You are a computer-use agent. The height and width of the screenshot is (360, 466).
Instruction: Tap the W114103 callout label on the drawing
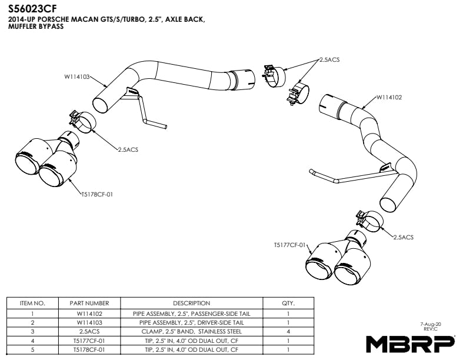pos(77,76)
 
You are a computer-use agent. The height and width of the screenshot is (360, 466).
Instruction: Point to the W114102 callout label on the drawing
pos(389,97)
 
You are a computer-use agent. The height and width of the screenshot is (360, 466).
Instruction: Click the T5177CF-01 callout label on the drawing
pos(290,244)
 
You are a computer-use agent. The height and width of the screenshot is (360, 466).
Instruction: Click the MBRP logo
pos(410,342)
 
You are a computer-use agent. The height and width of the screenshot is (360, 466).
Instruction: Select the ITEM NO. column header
pos(32,303)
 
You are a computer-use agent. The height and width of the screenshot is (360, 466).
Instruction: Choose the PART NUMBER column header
pos(89,303)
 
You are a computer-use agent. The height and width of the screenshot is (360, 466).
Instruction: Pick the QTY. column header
pos(288,303)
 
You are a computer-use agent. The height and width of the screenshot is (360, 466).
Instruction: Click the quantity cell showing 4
pos(288,332)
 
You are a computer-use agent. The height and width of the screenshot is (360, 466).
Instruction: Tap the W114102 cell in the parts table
pos(89,314)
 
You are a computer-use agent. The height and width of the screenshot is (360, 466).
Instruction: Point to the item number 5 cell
pos(32,349)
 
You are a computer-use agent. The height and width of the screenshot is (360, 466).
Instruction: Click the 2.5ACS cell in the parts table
pos(89,332)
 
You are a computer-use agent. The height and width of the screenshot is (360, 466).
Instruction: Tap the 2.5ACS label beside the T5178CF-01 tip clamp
pos(128,150)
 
